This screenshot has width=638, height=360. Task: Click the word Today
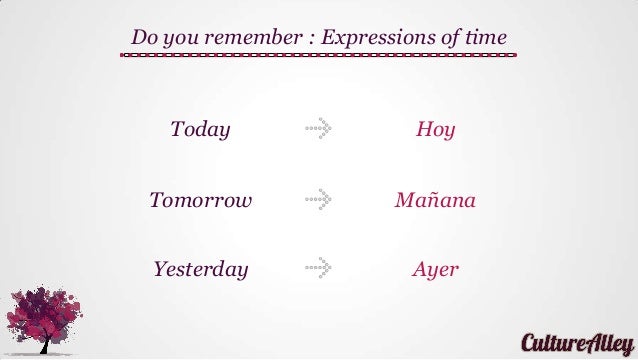click(200, 130)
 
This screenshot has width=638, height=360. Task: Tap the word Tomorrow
click(200, 200)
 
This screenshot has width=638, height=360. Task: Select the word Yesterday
click(200, 269)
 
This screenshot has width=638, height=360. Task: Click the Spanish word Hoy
click(435, 130)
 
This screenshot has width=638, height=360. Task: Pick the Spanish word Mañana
click(435, 200)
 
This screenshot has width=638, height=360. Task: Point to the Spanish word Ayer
click(435, 269)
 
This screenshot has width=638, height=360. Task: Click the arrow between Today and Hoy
click(318, 129)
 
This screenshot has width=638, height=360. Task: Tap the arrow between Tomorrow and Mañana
click(318, 199)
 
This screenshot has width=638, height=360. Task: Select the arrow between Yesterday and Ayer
click(318, 268)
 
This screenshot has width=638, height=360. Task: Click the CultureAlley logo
click(575, 342)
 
